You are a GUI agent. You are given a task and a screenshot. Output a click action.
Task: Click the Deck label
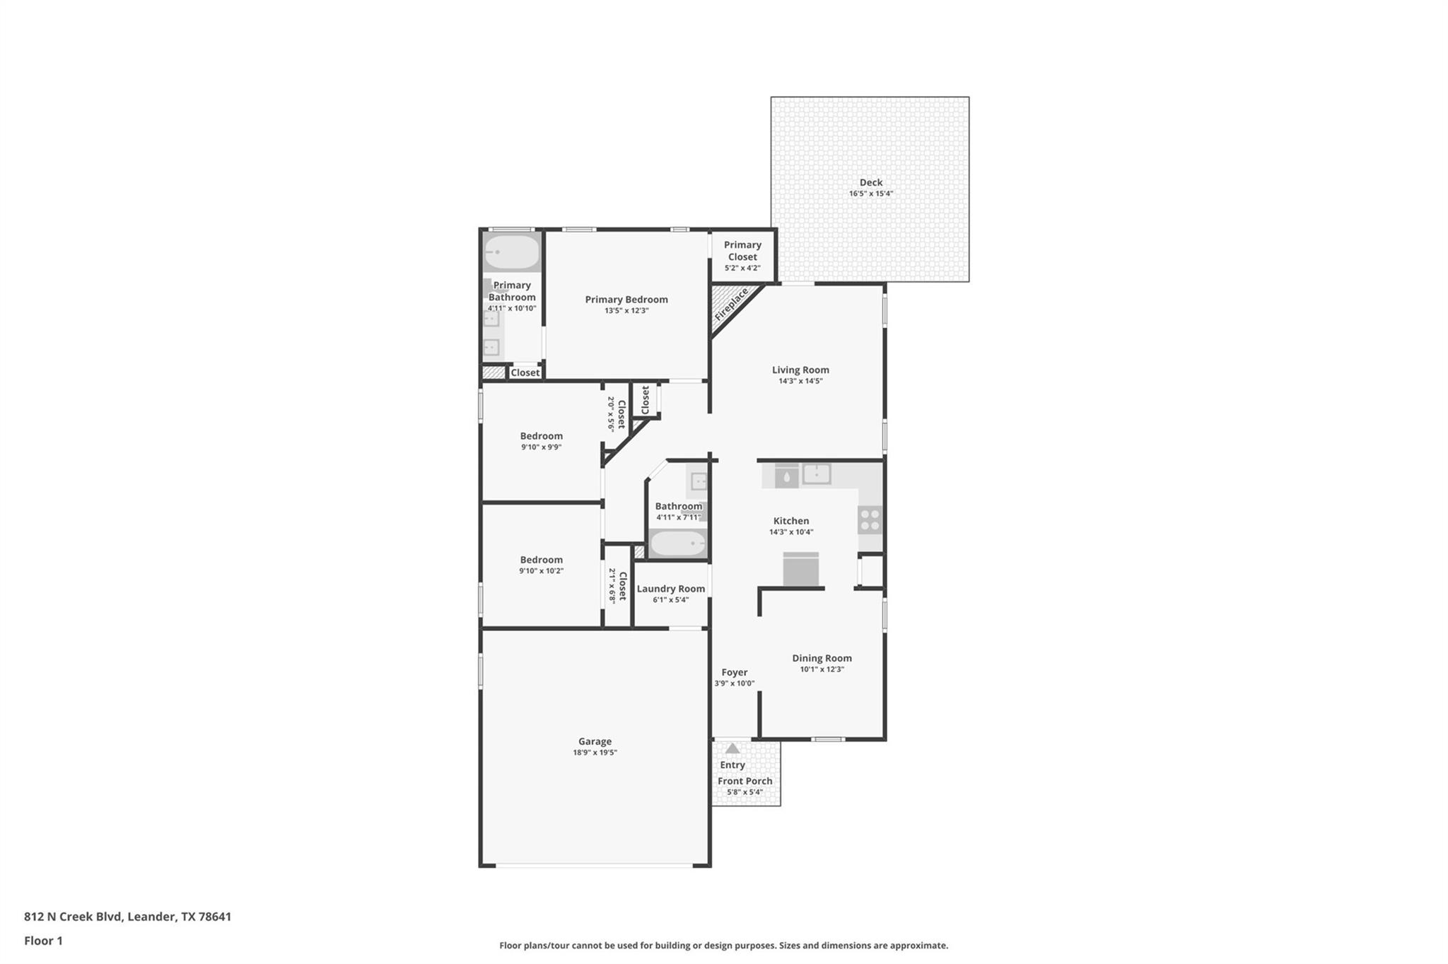tap(870, 182)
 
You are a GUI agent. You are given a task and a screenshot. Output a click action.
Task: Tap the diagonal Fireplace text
tap(731, 305)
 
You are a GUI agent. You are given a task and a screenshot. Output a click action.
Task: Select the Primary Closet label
tap(742, 251)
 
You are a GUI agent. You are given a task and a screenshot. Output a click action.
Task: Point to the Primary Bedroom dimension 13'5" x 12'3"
tap(626, 311)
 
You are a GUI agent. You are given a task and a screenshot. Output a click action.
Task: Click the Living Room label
tap(800, 370)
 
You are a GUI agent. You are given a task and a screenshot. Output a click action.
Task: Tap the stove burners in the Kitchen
tap(870, 520)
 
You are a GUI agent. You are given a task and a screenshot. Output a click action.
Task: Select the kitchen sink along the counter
tap(816, 474)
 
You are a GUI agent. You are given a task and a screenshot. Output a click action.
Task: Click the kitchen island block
tap(800, 569)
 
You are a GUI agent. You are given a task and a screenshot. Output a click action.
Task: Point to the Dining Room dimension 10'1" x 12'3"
tap(822, 669)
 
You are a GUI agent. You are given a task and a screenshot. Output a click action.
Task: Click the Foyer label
tap(734, 672)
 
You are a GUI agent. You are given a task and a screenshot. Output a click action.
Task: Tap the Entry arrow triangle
tap(732, 748)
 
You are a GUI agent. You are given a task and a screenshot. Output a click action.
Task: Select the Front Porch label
tap(745, 781)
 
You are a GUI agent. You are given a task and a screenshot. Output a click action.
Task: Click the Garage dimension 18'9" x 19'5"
tap(595, 753)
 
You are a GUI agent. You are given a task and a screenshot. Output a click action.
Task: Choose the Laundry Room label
tap(670, 589)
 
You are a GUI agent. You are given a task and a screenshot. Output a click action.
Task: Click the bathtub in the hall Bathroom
tap(677, 543)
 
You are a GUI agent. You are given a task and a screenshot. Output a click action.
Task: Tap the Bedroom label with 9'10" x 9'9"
tap(541, 436)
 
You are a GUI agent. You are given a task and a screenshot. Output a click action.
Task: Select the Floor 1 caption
tap(43, 941)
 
